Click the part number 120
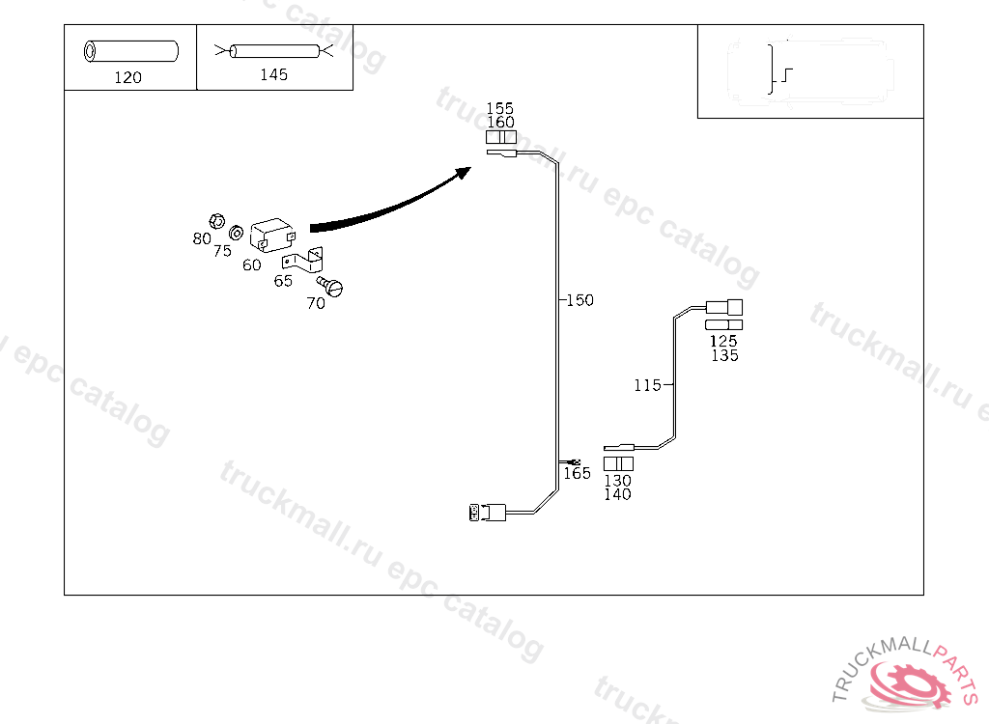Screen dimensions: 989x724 click(x=127, y=77)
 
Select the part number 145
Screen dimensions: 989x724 click(x=273, y=74)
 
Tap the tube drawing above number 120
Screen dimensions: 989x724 click(x=131, y=50)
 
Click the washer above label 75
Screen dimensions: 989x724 click(x=235, y=233)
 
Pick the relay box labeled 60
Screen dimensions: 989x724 click(x=271, y=236)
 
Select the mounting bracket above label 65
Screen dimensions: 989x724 click(x=303, y=260)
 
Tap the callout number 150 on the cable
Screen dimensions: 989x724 click(x=579, y=300)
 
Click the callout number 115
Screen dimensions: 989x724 click(x=647, y=385)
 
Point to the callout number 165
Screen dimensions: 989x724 click(x=577, y=473)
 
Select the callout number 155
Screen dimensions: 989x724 click(x=499, y=108)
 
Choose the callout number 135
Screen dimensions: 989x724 click(x=724, y=355)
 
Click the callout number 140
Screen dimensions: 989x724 click(x=617, y=494)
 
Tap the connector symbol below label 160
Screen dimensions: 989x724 click(x=500, y=138)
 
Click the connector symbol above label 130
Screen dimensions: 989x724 click(x=618, y=464)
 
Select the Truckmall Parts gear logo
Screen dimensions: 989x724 click(x=908, y=682)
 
